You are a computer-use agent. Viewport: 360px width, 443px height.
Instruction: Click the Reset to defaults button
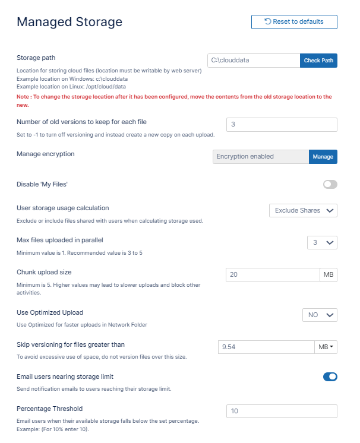click(294, 22)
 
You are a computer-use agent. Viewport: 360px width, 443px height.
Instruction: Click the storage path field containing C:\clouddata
click(254, 61)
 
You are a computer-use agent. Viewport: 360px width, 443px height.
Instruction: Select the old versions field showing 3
click(282, 125)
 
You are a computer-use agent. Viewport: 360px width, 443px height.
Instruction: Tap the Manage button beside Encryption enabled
click(323, 157)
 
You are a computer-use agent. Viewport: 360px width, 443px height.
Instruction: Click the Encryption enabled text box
click(260, 157)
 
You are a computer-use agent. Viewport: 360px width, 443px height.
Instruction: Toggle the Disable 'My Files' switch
click(330, 185)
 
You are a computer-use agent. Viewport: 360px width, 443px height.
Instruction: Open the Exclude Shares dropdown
click(303, 210)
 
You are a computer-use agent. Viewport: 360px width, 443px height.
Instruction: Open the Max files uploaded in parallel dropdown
click(322, 242)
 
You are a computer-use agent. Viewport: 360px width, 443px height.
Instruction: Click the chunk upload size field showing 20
click(273, 274)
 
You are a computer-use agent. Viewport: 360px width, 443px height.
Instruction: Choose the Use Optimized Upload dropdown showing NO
click(320, 315)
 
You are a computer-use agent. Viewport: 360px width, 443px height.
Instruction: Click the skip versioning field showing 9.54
click(266, 347)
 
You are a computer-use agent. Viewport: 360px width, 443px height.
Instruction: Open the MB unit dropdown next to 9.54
click(326, 347)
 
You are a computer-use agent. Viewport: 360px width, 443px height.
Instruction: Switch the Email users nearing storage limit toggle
click(330, 376)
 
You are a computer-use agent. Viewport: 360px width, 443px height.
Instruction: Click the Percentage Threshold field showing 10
click(282, 411)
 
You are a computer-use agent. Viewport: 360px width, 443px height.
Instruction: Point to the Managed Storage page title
click(70, 22)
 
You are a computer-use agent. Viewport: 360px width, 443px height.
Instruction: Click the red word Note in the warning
click(23, 96)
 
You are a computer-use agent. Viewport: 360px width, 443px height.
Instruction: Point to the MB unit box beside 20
click(328, 274)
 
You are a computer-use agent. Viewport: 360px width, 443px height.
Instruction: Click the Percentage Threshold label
click(49, 409)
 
